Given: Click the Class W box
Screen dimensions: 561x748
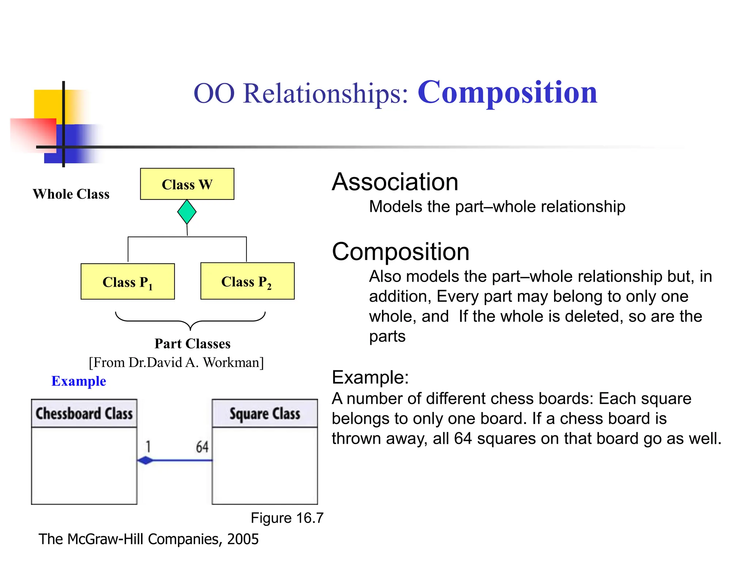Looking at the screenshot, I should pyautogui.click(x=187, y=184).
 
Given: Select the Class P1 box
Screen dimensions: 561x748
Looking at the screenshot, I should pyautogui.click(x=127, y=282).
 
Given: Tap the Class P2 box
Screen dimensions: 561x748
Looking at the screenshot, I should pyautogui.click(x=247, y=281).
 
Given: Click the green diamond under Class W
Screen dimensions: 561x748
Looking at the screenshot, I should pyautogui.click(x=187, y=212).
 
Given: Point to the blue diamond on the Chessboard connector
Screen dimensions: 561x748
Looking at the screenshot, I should pyautogui.click(x=146, y=460).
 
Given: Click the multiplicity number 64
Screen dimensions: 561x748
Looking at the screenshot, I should pyautogui.click(x=202, y=447).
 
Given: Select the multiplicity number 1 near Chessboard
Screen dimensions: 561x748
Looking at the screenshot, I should pyautogui.click(x=148, y=447).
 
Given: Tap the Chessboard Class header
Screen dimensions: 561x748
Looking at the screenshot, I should pyautogui.click(x=84, y=414).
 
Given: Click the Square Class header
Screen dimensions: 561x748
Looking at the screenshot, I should pyautogui.click(x=265, y=414).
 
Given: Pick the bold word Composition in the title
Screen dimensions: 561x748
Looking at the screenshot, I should pyautogui.click(x=507, y=92).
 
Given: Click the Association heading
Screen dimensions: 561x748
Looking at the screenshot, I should pyautogui.click(x=395, y=182).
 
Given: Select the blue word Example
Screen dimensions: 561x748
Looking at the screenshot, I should pyautogui.click(x=79, y=381).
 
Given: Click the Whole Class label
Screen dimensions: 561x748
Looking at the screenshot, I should pyautogui.click(x=71, y=194).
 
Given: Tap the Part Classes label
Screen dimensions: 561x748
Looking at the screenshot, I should pyautogui.click(x=192, y=344).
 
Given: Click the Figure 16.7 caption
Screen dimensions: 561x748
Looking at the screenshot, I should pyautogui.click(x=287, y=518).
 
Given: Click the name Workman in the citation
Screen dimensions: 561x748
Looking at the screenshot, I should pyautogui.click(x=233, y=362).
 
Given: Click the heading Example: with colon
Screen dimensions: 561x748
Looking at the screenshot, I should pyautogui.click(x=370, y=377).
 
